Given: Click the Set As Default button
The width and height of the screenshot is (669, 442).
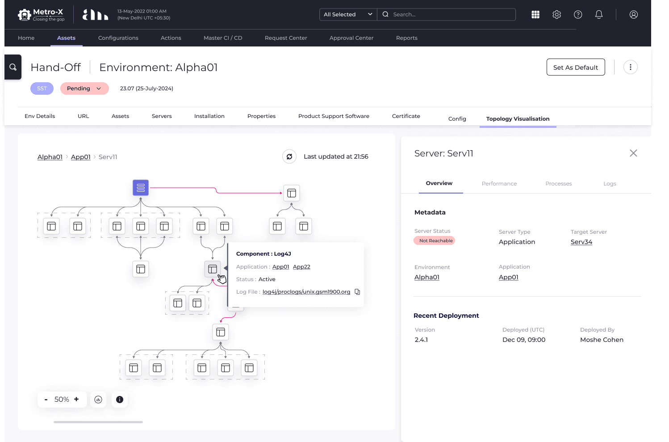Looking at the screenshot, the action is (575, 67).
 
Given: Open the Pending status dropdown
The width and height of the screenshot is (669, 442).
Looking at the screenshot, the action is (84, 88).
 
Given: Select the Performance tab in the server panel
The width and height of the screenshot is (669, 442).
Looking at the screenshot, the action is (499, 184).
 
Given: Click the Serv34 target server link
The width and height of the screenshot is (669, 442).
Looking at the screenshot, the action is (581, 242).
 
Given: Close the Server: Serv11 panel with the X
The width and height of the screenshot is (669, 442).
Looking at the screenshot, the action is (633, 153).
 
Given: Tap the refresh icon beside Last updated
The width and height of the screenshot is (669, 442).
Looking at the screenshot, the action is (289, 156).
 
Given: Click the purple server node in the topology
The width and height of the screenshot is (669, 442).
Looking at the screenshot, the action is (141, 188).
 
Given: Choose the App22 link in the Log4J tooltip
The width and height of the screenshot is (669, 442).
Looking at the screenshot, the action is (301, 267).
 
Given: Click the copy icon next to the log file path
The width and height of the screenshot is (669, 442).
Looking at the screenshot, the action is (357, 292).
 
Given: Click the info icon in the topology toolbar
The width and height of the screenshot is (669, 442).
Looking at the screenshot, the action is (120, 400).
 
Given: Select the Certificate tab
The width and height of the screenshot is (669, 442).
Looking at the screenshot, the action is (406, 116).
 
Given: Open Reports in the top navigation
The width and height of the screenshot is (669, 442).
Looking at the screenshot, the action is (406, 38).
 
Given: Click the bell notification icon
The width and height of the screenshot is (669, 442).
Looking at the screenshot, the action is (599, 15).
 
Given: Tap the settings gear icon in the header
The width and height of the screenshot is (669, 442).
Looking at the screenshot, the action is (556, 15).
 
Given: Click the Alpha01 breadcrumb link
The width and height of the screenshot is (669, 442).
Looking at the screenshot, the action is (50, 157).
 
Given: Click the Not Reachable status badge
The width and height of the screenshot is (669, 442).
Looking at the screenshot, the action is (435, 240).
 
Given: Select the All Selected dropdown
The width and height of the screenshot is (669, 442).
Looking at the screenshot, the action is (348, 15).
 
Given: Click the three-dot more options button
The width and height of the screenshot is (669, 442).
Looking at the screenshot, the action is (630, 67).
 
